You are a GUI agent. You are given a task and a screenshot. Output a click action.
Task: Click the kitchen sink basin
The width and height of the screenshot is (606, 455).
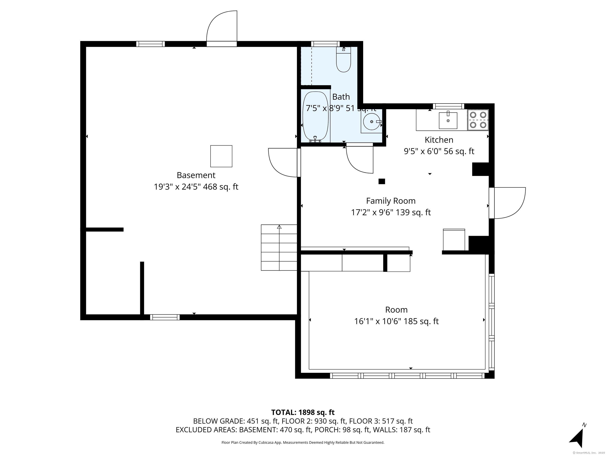[x=448, y=120]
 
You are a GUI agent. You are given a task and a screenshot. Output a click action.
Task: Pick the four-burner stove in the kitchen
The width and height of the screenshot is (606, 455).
[x=478, y=120]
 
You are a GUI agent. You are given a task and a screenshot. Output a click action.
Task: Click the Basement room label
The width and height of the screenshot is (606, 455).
[x=196, y=175]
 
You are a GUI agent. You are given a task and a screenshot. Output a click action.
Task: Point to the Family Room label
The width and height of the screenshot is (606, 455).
[x=391, y=201]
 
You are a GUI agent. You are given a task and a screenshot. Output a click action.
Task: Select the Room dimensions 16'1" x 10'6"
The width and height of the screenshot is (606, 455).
[x=397, y=321]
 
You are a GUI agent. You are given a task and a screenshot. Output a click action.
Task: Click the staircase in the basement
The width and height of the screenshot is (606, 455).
[x=279, y=247]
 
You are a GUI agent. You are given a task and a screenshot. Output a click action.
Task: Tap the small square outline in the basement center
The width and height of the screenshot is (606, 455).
[x=221, y=156]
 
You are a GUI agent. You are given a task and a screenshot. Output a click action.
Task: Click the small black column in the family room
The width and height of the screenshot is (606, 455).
[x=382, y=181]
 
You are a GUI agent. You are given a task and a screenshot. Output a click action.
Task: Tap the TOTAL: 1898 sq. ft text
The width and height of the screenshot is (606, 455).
[x=303, y=412]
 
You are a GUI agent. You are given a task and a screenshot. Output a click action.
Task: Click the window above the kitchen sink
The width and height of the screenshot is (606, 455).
[x=448, y=106]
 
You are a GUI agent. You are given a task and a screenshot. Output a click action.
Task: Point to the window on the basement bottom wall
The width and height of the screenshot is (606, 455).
[x=165, y=317]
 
